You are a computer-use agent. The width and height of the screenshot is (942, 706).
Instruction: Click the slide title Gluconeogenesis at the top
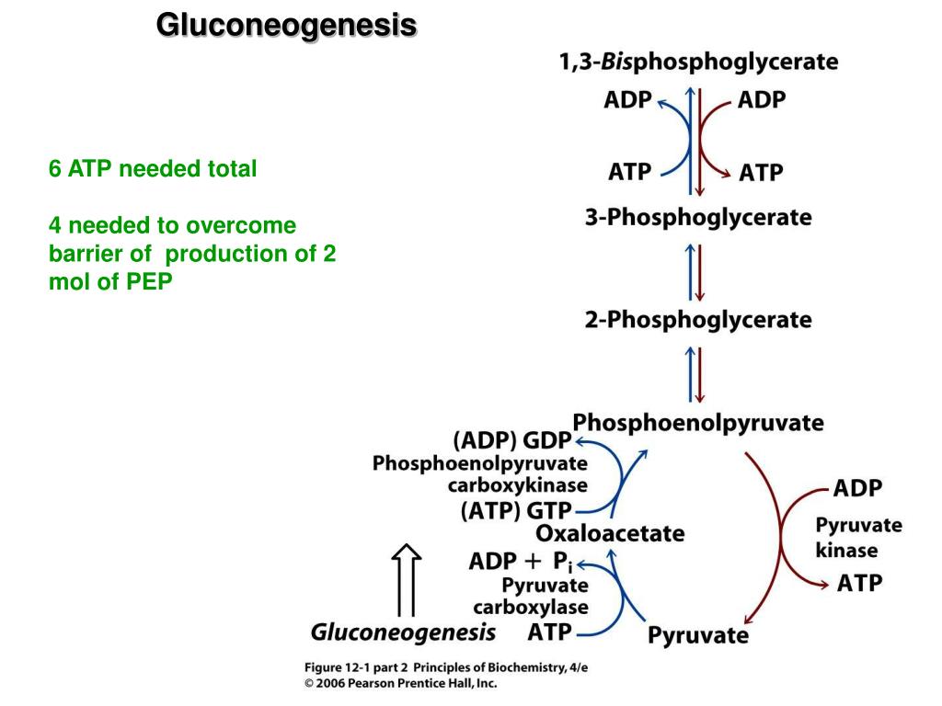[286, 25]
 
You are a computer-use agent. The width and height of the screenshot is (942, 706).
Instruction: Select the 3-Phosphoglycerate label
[698, 219]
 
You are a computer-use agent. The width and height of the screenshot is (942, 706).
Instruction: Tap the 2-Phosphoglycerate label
[698, 321]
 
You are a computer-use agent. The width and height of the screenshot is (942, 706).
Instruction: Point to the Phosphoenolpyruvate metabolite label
[698, 423]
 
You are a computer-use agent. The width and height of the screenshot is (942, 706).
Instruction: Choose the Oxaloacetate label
[610, 533]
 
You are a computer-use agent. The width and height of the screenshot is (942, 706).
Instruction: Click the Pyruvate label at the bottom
[698, 635]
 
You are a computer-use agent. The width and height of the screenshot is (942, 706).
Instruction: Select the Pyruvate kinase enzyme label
[858, 538]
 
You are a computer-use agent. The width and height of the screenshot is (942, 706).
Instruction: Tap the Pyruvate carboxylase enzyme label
[531, 596]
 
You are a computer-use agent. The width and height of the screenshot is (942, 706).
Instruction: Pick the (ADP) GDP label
[511, 440]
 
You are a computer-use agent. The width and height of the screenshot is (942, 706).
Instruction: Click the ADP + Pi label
[521, 561]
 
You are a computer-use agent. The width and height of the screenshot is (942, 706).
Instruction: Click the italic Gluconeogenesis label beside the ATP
[403, 632]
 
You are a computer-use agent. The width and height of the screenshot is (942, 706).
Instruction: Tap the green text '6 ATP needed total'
[153, 169]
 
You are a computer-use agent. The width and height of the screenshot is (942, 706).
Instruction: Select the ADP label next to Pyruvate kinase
[857, 487]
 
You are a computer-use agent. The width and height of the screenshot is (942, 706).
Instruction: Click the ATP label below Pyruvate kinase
[859, 584]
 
